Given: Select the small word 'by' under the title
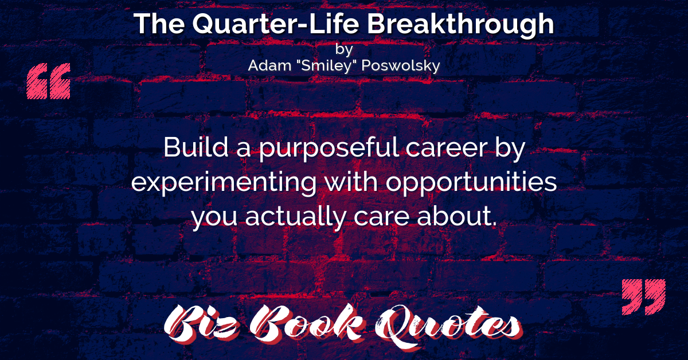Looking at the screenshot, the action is tap(344, 49).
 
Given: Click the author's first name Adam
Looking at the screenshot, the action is tap(269, 65).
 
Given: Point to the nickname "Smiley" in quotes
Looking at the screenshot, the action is tap(326, 65).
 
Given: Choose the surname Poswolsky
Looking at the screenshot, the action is tap(401, 66).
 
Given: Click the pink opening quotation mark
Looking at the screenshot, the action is tap(49, 81).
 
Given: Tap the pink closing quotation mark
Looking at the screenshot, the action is tap(643, 297).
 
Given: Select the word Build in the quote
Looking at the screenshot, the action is tap(196, 147).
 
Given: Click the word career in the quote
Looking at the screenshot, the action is tap(447, 150).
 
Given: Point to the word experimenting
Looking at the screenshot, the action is tap(224, 183).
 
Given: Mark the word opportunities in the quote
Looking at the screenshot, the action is tap(471, 183).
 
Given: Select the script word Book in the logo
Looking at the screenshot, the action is tap(307, 323).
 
